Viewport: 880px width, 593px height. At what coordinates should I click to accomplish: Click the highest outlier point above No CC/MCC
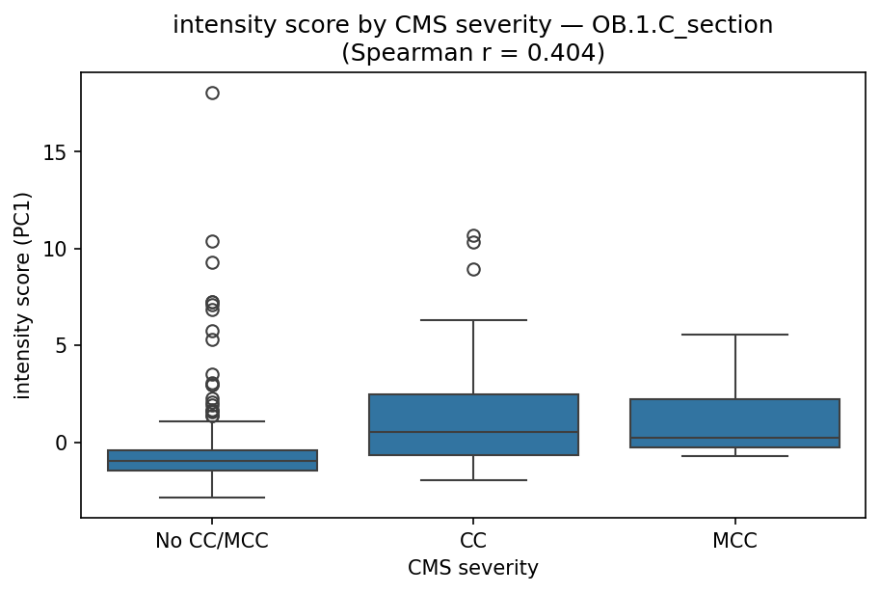[212, 94]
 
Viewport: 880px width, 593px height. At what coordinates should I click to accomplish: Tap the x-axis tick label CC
[473, 542]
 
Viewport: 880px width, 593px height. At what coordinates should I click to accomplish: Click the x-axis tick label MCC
[734, 542]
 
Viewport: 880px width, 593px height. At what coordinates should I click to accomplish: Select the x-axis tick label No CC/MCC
[212, 542]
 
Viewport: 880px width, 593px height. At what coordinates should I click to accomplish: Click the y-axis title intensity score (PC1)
[23, 295]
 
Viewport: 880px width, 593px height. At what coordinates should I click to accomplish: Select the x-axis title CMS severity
[473, 569]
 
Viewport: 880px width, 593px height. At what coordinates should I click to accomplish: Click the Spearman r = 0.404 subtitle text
[473, 53]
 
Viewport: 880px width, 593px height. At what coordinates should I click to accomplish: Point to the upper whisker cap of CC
[473, 320]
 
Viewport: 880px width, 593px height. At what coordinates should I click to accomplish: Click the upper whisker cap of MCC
[734, 335]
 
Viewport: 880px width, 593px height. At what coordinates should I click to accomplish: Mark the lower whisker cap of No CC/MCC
[212, 498]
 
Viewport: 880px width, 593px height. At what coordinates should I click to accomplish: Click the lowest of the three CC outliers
[473, 269]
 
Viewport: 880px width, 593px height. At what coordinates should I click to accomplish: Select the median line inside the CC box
[473, 432]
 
